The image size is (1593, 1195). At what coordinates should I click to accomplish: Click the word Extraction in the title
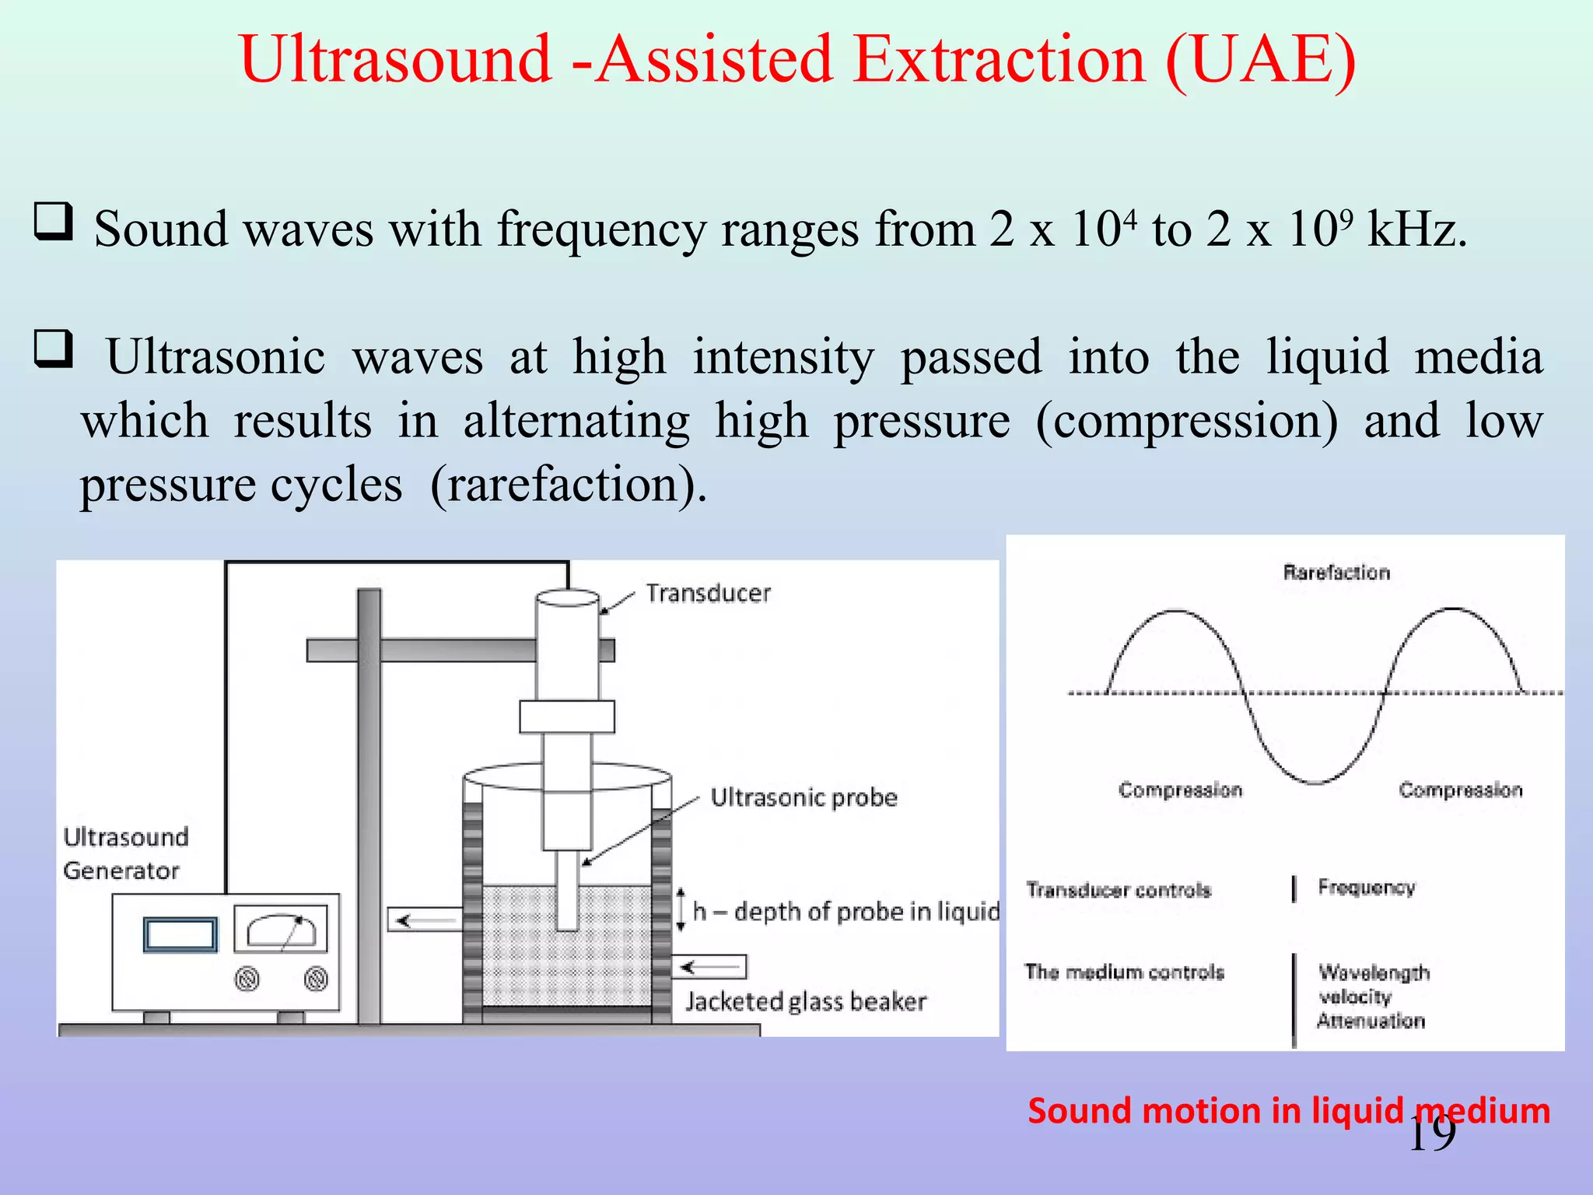click(x=1000, y=61)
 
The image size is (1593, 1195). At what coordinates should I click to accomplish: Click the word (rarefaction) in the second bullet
click(x=568, y=486)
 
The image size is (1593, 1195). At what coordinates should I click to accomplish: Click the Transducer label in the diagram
click(x=708, y=594)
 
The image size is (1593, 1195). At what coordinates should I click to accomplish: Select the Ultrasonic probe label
click(x=804, y=798)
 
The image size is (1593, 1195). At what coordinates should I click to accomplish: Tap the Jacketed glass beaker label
click(x=806, y=1001)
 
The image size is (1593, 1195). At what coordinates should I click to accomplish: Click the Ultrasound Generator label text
click(x=124, y=853)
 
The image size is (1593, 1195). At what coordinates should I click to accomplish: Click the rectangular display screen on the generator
click(x=180, y=934)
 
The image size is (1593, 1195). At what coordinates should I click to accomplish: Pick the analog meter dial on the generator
click(x=281, y=929)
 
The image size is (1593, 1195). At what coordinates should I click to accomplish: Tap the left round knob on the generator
click(x=247, y=978)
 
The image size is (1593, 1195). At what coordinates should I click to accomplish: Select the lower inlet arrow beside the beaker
click(x=709, y=967)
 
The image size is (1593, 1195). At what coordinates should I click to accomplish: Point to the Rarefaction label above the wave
click(x=1336, y=573)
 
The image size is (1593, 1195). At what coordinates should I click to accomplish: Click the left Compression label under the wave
click(x=1180, y=790)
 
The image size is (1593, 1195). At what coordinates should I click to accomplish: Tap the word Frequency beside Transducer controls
click(x=1366, y=888)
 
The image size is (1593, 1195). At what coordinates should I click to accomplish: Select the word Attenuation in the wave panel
click(x=1371, y=1021)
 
